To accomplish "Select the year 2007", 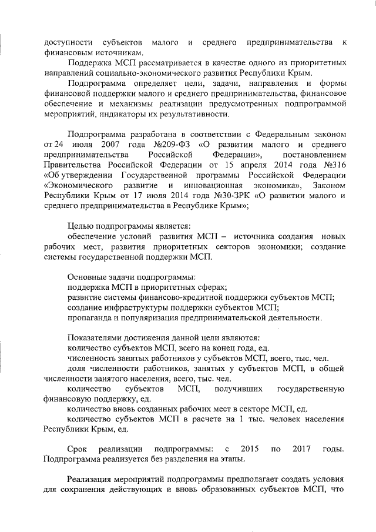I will pyautogui.click(x=110, y=144).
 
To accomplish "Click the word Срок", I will pyautogui.click(x=78, y=449).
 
